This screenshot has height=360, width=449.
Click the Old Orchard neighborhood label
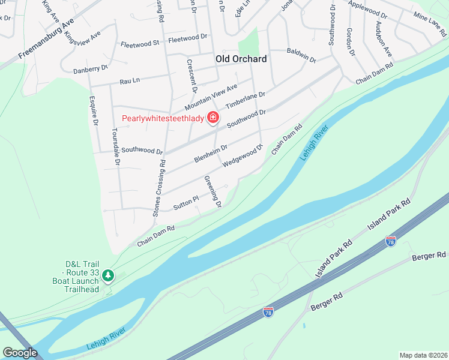(241, 59)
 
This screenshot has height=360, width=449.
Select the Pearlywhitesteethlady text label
(163, 118)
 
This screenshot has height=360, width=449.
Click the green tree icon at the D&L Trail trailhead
(108, 276)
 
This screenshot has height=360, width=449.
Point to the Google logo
(20, 353)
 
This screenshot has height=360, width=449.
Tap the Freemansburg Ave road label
(46, 39)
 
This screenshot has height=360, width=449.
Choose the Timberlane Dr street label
(245, 101)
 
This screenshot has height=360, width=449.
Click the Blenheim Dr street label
(211, 154)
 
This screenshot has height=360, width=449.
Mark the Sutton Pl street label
(185, 203)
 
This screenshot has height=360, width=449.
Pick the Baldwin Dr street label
(301, 56)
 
